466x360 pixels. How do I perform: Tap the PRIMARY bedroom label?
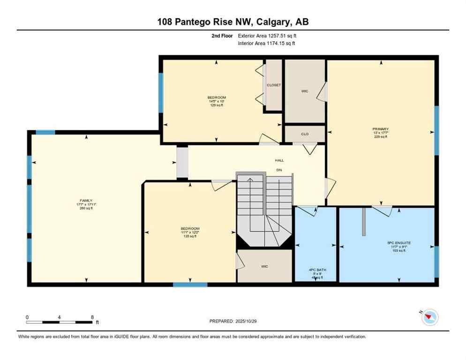(x=380, y=129)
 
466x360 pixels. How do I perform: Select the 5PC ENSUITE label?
(x=399, y=243)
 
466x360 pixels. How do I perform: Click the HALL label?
(x=279, y=160)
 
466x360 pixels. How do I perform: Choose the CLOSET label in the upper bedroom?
(x=273, y=85)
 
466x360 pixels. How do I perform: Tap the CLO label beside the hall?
(x=304, y=134)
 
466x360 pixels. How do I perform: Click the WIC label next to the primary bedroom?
(x=304, y=91)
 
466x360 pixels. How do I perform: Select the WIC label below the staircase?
(x=264, y=266)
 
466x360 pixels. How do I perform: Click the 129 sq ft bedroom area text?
(x=216, y=105)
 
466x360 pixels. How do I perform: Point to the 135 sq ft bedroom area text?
(x=190, y=236)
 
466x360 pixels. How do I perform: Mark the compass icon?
(x=429, y=317)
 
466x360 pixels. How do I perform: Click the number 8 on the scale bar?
(x=92, y=317)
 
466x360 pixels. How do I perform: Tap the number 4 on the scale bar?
(x=60, y=317)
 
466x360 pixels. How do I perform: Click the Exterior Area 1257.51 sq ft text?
(x=267, y=35)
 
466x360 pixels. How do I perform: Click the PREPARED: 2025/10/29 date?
(x=233, y=321)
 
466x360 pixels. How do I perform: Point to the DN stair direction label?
(x=279, y=170)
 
